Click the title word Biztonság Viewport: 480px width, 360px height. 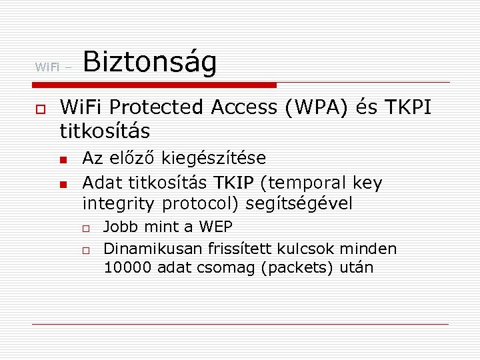pos(150,64)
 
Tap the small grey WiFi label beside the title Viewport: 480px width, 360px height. pos(47,67)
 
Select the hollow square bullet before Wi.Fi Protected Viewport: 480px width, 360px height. pos(40,108)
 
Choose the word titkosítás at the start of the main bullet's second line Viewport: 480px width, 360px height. pos(105,129)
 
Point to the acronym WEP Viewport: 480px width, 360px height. pos(215,227)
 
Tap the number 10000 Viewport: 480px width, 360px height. pos(128,268)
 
